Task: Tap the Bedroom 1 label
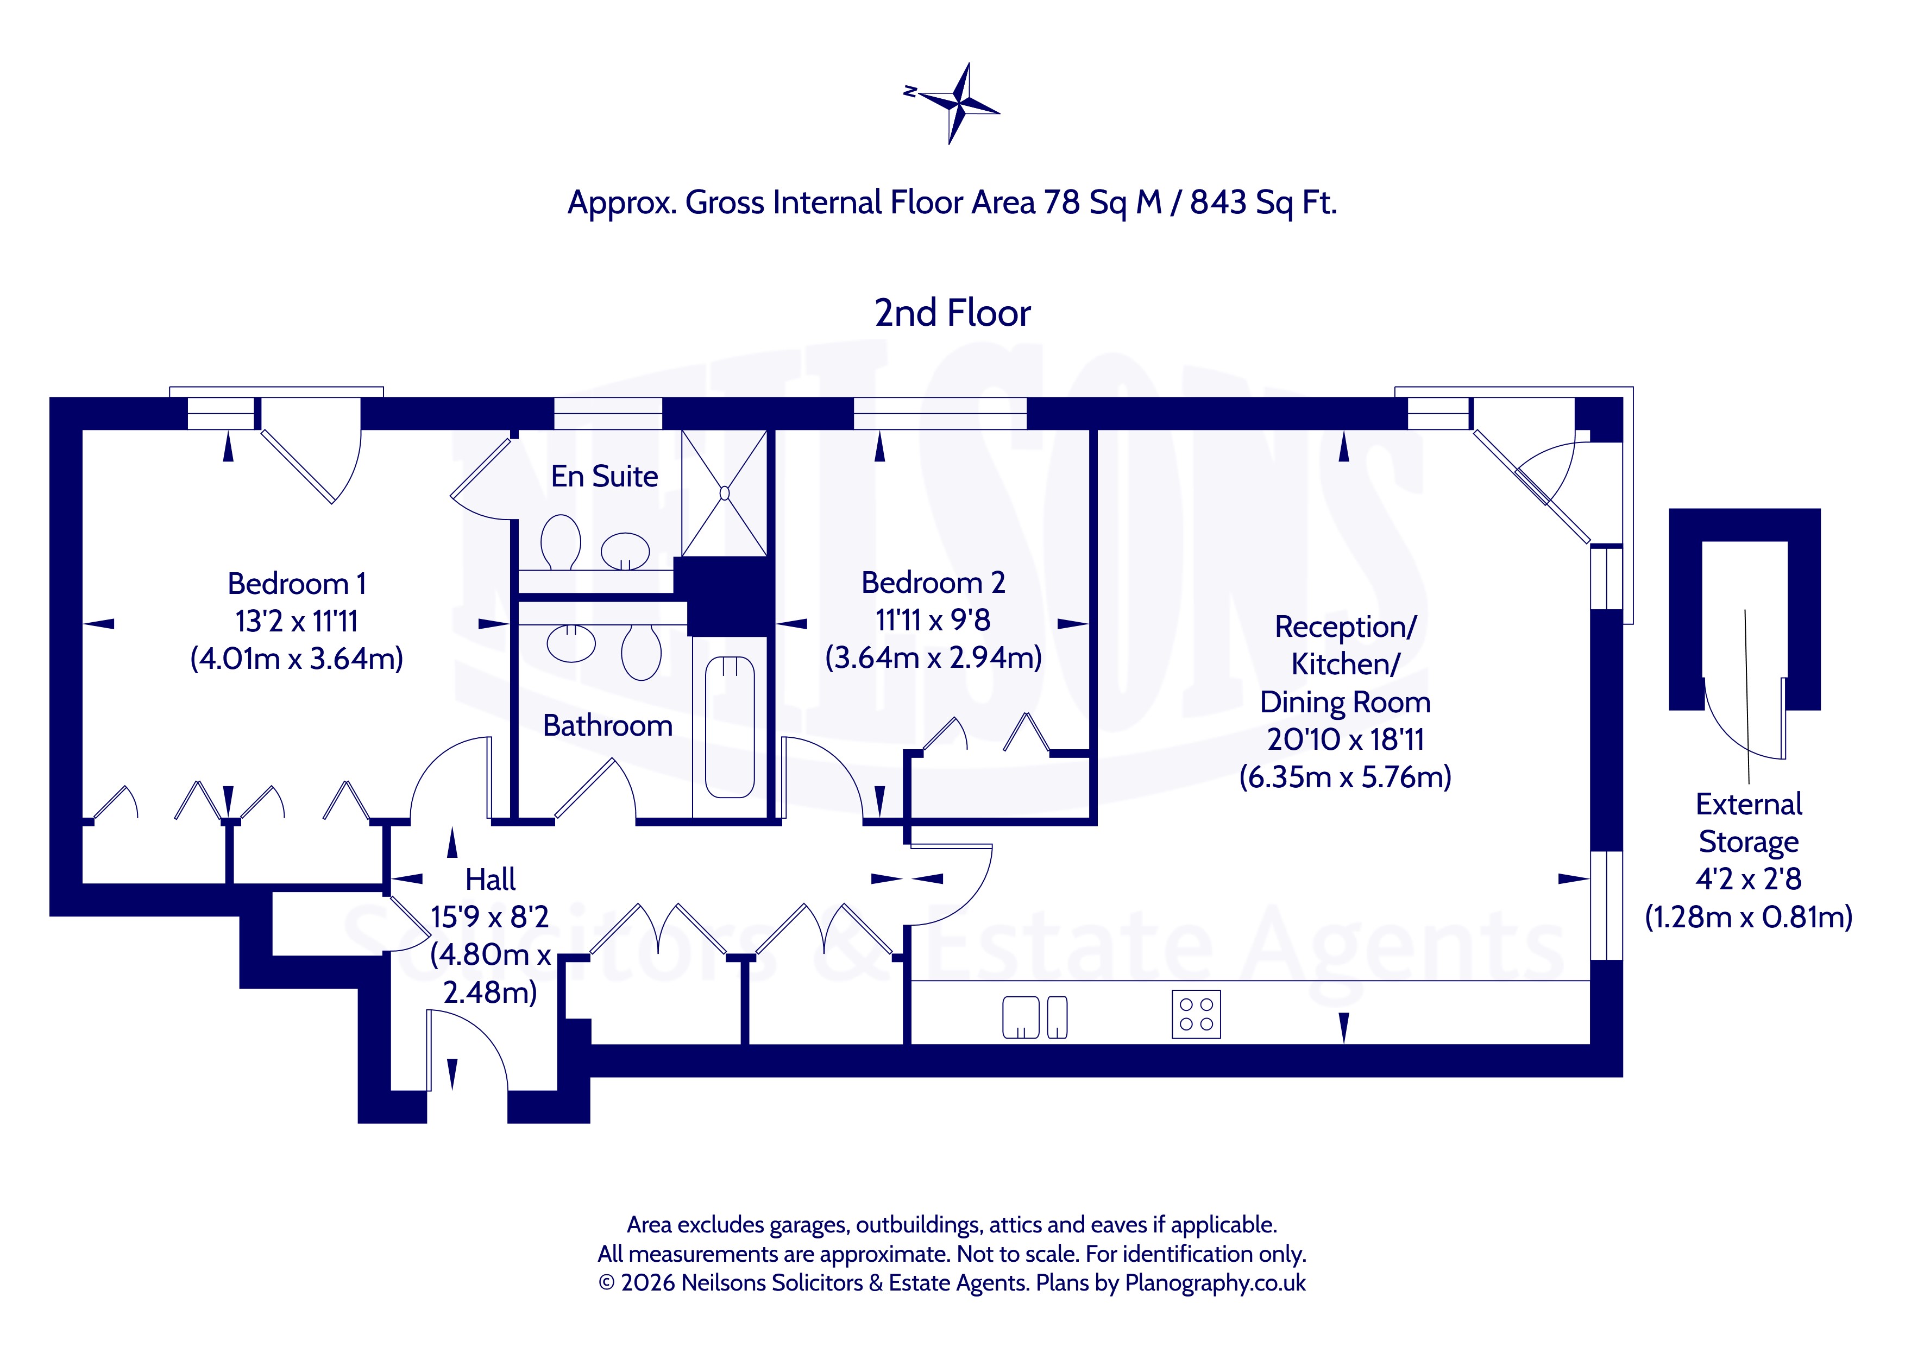296,584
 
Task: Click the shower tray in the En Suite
724,492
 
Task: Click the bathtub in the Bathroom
730,728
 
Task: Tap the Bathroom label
607,726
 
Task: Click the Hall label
491,879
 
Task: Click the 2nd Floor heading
953,313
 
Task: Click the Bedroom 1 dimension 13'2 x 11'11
296,621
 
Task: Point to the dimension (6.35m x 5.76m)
1345,777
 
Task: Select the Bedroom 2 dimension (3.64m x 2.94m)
933,657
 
